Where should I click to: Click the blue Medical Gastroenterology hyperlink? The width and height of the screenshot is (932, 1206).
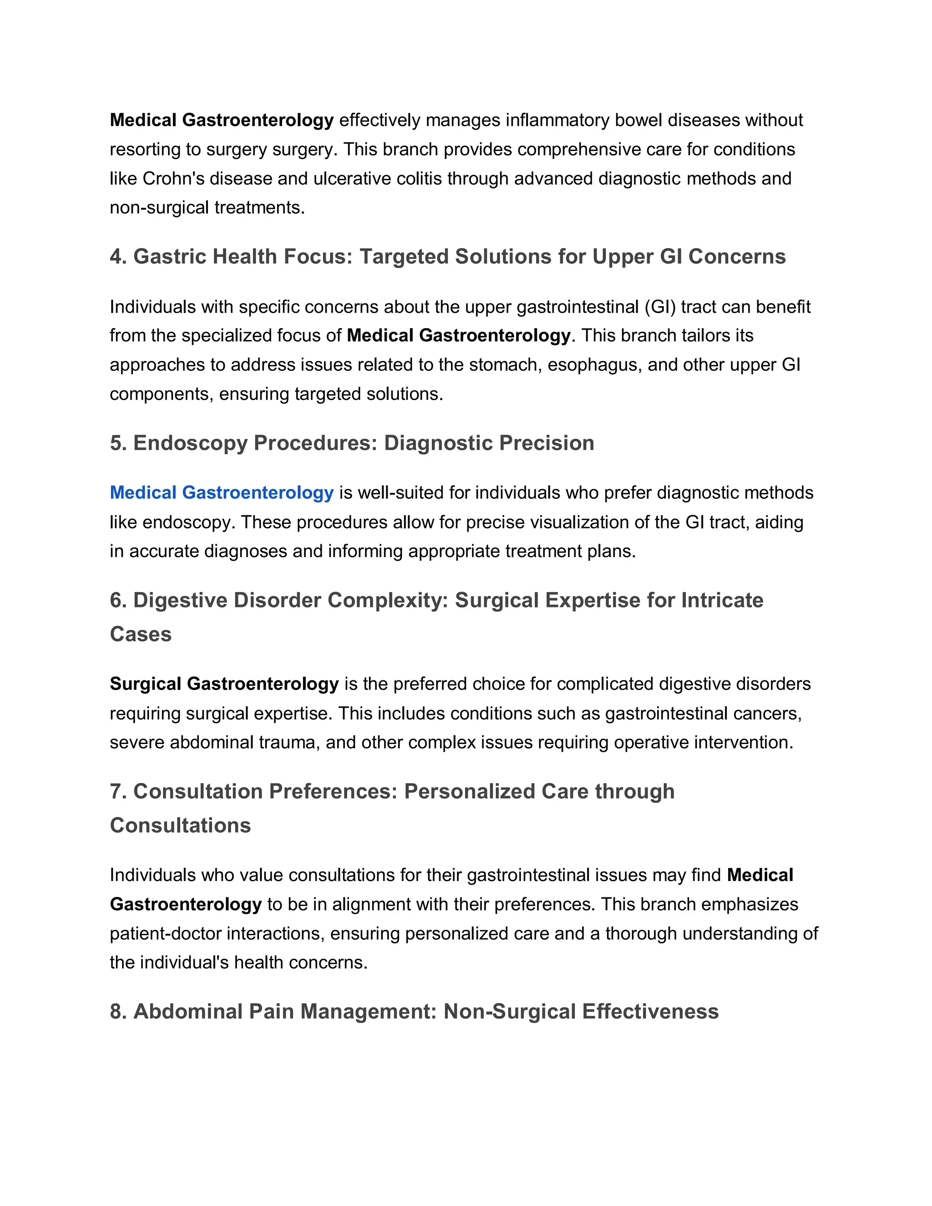click(x=222, y=492)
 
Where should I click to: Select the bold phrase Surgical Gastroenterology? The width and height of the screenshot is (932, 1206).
click(x=224, y=684)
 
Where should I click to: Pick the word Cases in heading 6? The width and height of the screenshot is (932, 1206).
click(x=141, y=634)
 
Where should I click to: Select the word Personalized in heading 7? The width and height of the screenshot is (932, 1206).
click(x=469, y=792)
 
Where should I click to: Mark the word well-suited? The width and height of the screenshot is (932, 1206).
click(x=401, y=492)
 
